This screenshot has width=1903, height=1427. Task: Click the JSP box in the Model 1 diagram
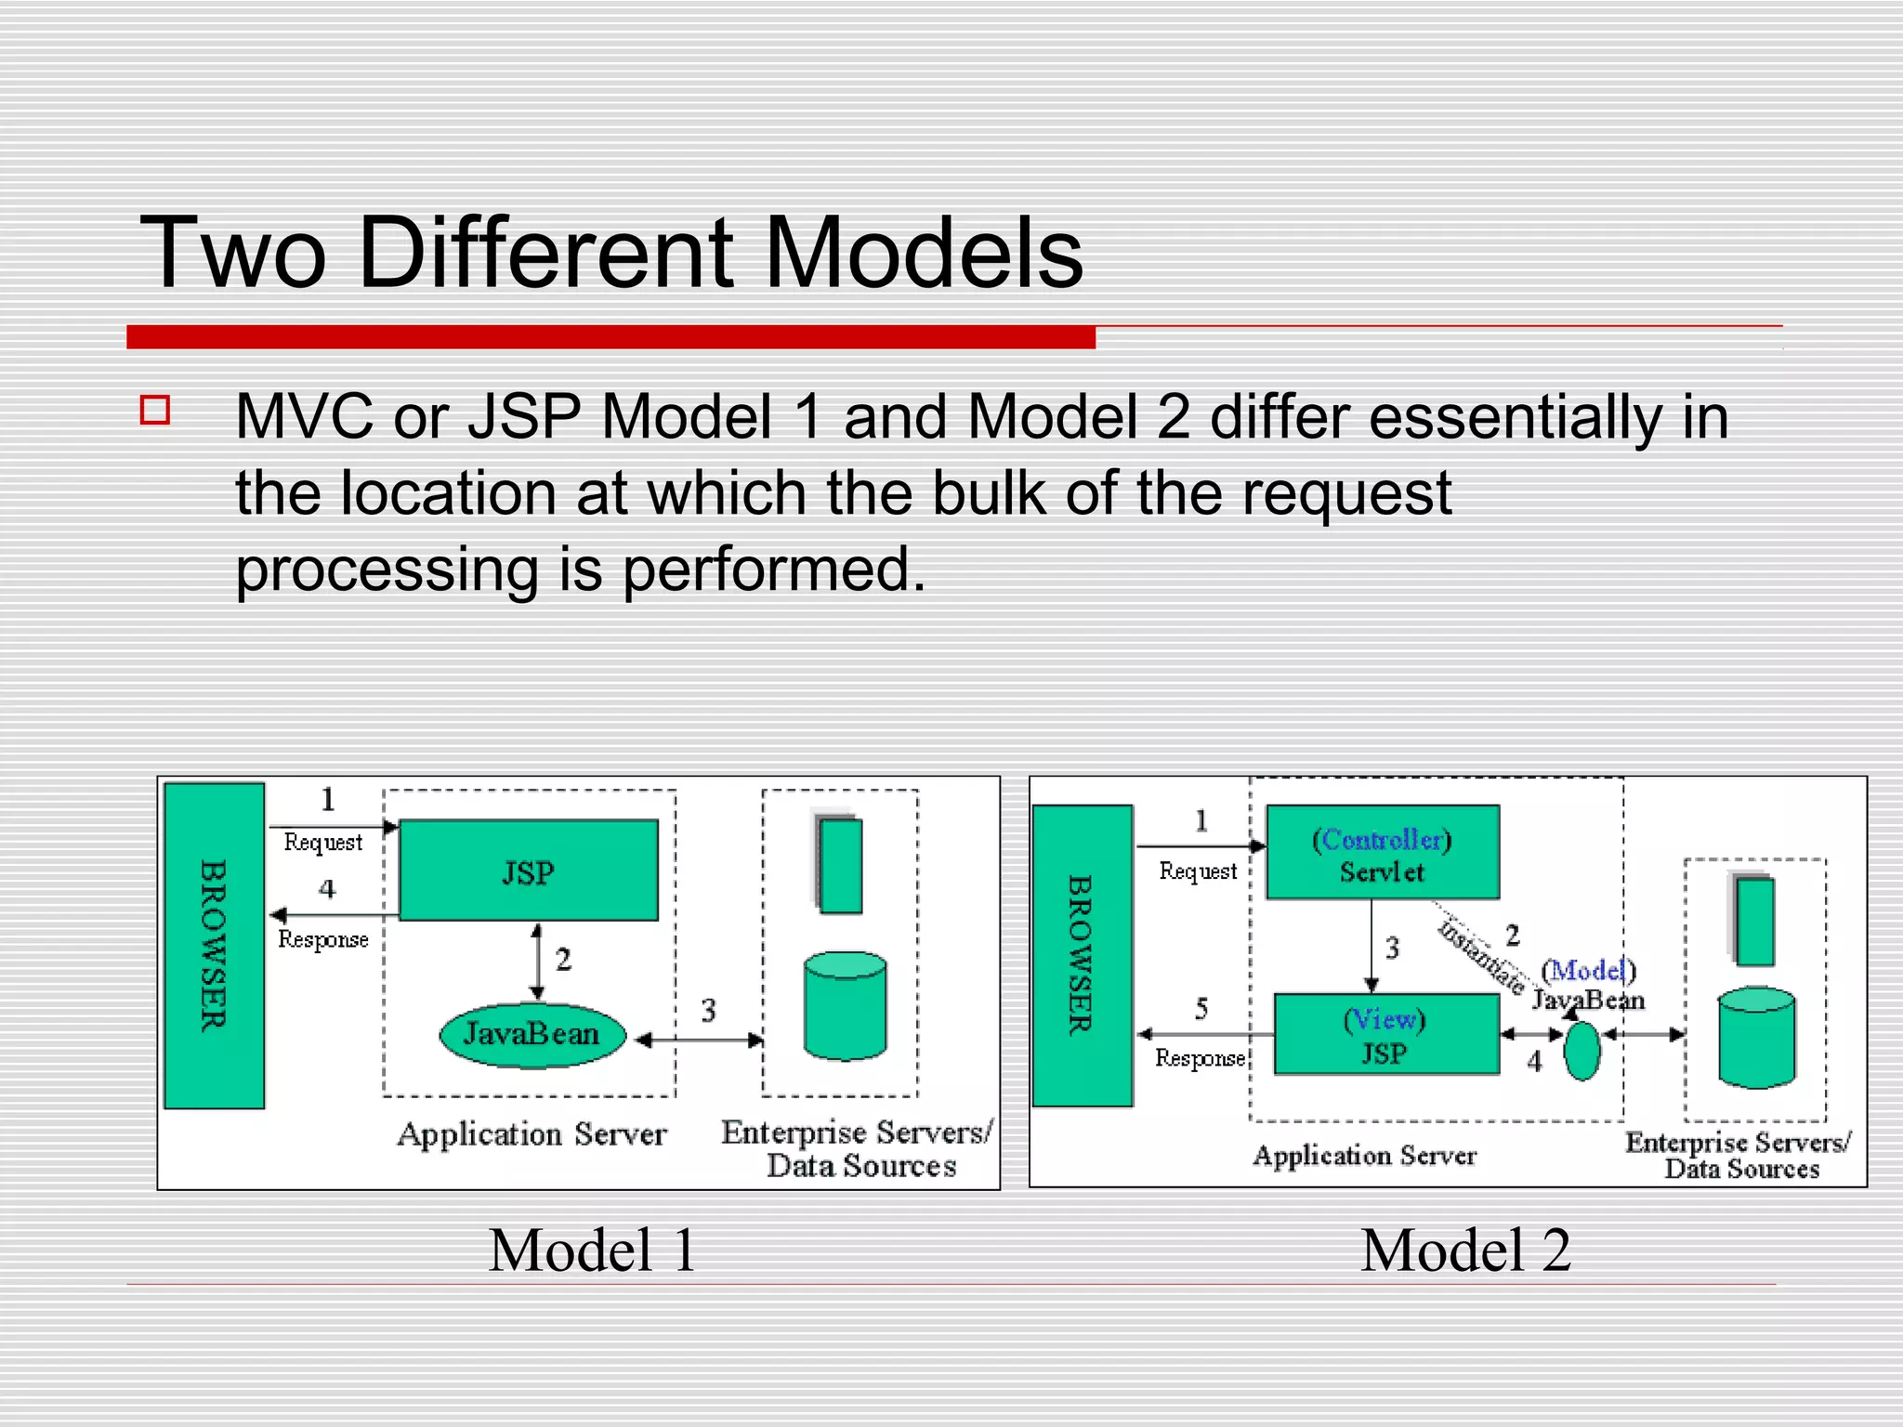pyautogui.click(x=528, y=871)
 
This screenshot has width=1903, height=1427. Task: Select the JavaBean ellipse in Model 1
pyautogui.click(x=532, y=1034)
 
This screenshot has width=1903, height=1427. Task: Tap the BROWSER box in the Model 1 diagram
pyautogui.click(x=214, y=945)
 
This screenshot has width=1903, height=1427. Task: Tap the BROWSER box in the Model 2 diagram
pyautogui.click(x=1082, y=955)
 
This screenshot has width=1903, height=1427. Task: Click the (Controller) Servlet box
pyautogui.click(x=1382, y=852)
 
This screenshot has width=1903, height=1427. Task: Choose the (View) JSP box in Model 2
pyautogui.click(x=1385, y=1034)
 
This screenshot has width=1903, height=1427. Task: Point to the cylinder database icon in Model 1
pyautogui.click(x=845, y=1006)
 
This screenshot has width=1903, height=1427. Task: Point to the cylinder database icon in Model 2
pyautogui.click(x=1756, y=1037)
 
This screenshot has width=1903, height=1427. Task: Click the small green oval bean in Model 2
pyautogui.click(x=1582, y=1052)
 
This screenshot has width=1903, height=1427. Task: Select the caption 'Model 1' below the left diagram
pyautogui.click(x=592, y=1250)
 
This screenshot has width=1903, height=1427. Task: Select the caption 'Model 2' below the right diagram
pyautogui.click(x=1465, y=1250)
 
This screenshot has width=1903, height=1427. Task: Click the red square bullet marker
pyautogui.click(x=155, y=411)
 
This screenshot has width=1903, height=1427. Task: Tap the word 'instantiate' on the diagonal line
pyautogui.click(x=1481, y=956)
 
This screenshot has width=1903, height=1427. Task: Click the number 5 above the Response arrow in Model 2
pyautogui.click(x=1201, y=1008)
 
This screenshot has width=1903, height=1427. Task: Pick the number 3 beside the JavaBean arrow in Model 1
pyautogui.click(x=709, y=1010)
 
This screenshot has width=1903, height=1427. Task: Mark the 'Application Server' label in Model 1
pyautogui.click(x=532, y=1134)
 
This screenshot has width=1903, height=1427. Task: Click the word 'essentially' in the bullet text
pyautogui.click(x=1515, y=416)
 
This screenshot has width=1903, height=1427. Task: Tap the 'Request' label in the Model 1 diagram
pyautogui.click(x=322, y=842)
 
